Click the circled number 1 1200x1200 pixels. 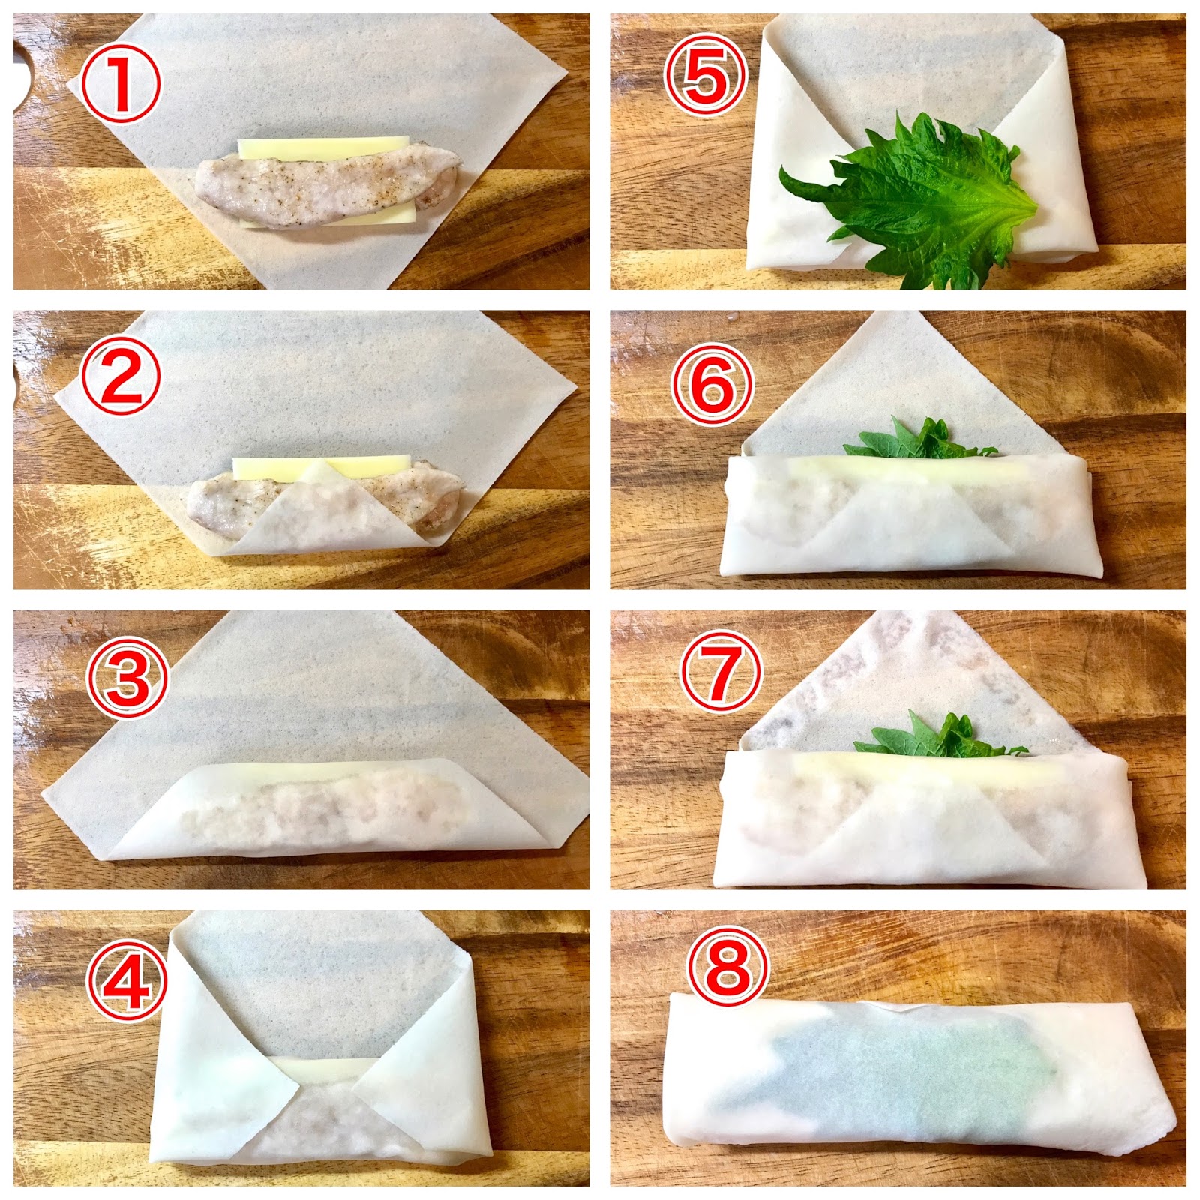click(121, 82)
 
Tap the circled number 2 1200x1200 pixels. click(121, 374)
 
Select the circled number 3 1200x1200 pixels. click(128, 677)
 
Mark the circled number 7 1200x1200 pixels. click(721, 671)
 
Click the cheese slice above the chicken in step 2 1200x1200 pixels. click(322, 466)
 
